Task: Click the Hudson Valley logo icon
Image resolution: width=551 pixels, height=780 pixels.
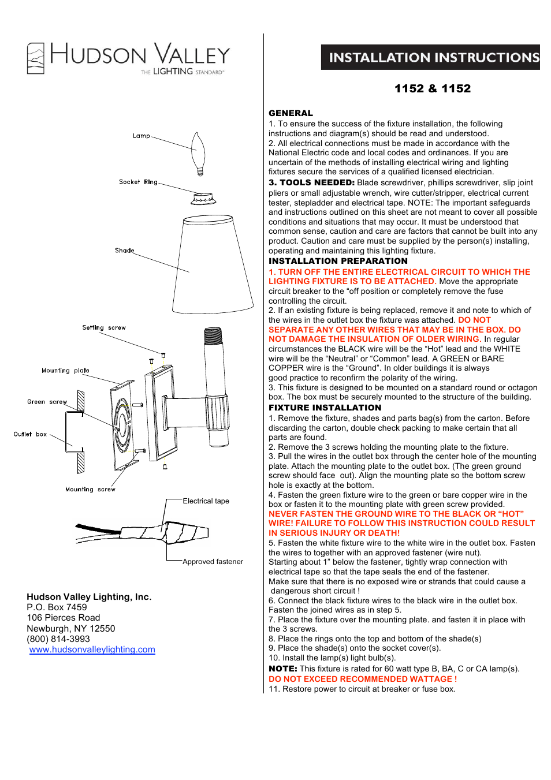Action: click(x=36, y=58)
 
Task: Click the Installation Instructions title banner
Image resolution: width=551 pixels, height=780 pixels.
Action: click(x=430, y=57)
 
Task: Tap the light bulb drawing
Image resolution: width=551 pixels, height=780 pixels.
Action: click(x=199, y=152)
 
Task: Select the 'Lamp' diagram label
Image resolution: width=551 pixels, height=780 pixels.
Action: click(x=141, y=136)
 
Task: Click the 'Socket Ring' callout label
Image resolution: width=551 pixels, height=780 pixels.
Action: click(x=138, y=182)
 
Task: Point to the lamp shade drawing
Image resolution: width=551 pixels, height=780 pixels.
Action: click(x=213, y=264)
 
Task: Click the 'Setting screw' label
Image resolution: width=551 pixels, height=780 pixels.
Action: click(x=104, y=327)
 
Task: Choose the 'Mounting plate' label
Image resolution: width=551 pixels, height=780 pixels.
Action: click(x=65, y=371)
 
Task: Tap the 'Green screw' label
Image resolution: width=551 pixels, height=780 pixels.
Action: click(x=47, y=402)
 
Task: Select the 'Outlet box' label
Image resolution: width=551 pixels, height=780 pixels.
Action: click(x=30, y=434)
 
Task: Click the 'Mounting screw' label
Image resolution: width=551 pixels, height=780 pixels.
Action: click(x=90, y=490)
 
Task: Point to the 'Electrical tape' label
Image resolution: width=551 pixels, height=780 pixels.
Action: click(x=206, y=501)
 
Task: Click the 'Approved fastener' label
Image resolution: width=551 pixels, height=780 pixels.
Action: click(x=213, y=562)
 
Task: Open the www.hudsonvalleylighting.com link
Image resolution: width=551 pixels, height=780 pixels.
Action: click(x=92, y=650)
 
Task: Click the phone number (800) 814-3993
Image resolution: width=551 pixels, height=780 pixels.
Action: click(x=58, y=639)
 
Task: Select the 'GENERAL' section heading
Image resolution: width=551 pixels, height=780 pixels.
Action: click(x=291, y=113)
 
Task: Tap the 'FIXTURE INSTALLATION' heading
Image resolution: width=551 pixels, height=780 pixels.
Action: click(x=325, y=408)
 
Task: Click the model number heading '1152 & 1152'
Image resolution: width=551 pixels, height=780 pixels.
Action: click(x=433, y=88)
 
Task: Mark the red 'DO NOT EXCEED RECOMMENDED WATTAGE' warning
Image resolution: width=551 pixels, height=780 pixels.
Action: click(x=362, y=679)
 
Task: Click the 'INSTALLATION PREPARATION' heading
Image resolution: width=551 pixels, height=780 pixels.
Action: click(x=338, y=261)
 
